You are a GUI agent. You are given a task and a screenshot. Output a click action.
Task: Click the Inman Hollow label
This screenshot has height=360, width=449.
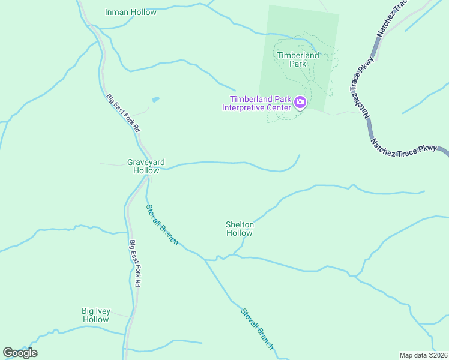pyautogui.click(x=130, y=12)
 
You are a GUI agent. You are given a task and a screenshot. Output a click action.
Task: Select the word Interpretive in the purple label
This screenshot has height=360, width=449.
pyautogui.click(x=246, y=108)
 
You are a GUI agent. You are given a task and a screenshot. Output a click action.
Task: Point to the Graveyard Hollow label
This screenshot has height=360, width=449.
pyautogui.click(x=146, y=166)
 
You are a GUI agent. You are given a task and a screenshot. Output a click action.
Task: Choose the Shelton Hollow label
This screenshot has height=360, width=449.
pyautogui.click(x=240, y=229)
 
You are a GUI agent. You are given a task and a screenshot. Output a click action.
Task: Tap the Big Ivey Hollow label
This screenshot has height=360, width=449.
pyautogui.click(x=95, y=315)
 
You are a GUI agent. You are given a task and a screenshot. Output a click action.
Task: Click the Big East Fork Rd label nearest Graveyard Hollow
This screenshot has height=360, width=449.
pyautogui.click(x=123, y=113)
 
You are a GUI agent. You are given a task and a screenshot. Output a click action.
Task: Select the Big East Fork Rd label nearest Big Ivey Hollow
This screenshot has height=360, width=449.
pyautogui.click(x=135, y=263)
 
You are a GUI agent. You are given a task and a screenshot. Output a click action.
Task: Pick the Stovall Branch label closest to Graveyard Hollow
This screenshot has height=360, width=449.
pyautogui.click(x=162, y=224)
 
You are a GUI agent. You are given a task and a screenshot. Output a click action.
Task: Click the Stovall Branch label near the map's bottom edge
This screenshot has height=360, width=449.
pyautogui.click(x=258, y=329)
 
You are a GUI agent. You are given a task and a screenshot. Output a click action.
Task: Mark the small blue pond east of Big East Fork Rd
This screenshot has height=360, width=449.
pyautogui.click(x=155, y=99)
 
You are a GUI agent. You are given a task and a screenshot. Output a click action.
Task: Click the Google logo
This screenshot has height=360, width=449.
pyautogui.click(x=20, y=353)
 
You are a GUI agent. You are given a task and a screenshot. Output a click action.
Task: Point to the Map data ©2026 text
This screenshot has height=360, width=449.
pyautogui.click(x=423, y=355)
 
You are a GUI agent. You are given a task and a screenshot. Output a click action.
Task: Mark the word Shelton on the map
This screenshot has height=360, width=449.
pyautogui.click(x=240, y=224)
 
